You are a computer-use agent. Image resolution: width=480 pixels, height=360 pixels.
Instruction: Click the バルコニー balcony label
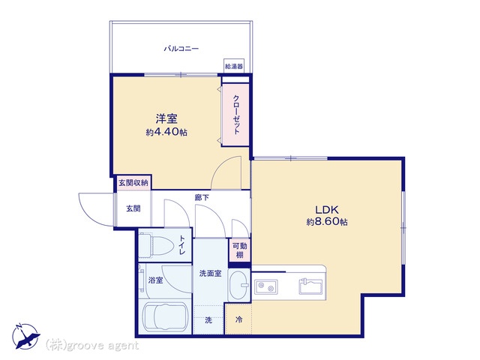(x=181, y=49)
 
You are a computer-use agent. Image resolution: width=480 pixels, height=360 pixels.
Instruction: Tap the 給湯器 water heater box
(x=234, y=66)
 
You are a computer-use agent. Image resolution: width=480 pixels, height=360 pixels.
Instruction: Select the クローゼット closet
(x=235, y=115)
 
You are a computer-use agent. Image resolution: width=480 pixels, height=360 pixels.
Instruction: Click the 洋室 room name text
(x=166, y=118)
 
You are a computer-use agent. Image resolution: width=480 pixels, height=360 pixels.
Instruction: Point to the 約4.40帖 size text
(x=166, y=132)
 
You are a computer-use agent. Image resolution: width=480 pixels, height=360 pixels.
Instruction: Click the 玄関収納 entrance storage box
(x=133, y=183)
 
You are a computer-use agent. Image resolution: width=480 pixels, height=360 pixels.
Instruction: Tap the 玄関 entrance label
(x=133, y=208)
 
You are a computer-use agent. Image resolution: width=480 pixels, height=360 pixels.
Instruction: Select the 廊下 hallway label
(x=202, y=197)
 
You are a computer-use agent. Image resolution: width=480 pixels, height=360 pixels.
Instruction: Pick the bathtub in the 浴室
(x=165, y=316)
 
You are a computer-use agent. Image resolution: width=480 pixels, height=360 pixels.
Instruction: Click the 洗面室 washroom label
(x=210, y=273)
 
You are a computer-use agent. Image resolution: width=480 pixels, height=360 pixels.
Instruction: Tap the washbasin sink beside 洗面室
(x=239, y=286)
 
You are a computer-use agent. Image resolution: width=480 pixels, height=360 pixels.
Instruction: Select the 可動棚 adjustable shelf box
(x=240, y=250)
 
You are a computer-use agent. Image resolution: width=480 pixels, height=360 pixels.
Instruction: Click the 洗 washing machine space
(x=208, y=320)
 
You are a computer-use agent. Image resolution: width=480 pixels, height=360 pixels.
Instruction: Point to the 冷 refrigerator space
(x=238, y=319)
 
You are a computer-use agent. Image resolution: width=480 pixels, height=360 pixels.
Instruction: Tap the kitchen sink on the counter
(x=310, y=286)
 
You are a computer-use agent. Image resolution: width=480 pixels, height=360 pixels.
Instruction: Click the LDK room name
(x=327, y=210)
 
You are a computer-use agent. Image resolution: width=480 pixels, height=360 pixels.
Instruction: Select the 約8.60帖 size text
(x=327, y=222)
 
